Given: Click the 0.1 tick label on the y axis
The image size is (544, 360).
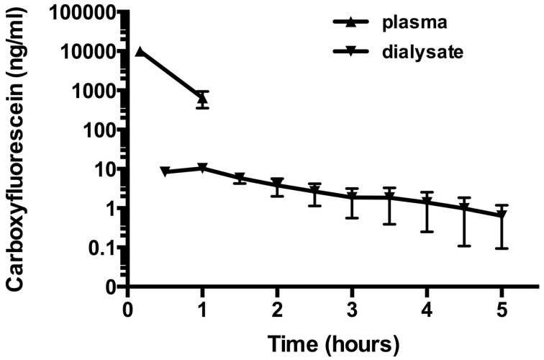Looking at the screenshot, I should [104, 248].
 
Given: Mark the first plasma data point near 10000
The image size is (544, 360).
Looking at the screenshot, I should [140, 51].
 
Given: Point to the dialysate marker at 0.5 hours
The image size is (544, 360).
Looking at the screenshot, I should [166, 171].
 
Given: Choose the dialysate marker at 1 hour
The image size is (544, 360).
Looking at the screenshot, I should [202, 168].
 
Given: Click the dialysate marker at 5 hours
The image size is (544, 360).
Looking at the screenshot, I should [502, 215].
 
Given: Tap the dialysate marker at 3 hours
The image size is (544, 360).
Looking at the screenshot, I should [352, 197].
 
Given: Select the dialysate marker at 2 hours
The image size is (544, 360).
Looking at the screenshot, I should [277, 184].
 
